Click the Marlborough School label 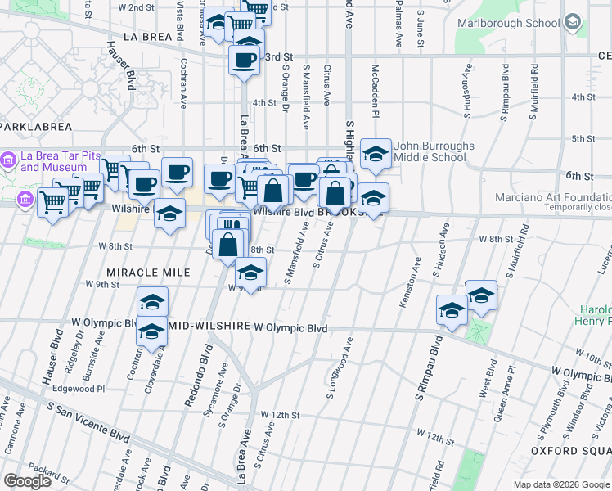click(507, 22)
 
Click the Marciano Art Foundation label click(553, 197)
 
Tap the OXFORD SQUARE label click(570, 450)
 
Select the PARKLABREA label click(37, 127)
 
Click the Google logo click(27, 480)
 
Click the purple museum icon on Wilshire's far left click(24, 199)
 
